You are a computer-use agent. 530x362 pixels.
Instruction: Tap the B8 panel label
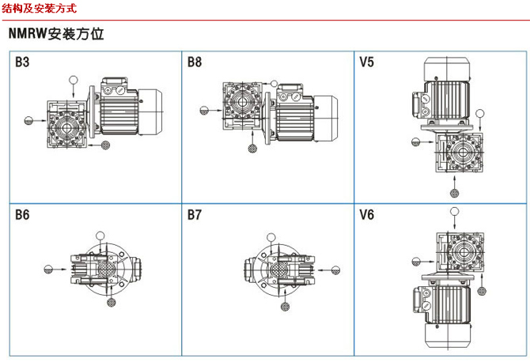[195, 62]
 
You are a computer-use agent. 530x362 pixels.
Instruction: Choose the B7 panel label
[195, 214]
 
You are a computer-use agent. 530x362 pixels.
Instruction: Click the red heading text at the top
[40, 9]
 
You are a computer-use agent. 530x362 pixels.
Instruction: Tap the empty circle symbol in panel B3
[74, 80]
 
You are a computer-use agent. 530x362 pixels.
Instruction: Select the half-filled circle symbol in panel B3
[28, 120]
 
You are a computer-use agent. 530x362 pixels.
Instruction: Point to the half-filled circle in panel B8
[204, 111]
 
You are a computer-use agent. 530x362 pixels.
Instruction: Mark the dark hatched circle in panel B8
[252, 147]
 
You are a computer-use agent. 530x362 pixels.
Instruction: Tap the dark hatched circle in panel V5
[455, 192]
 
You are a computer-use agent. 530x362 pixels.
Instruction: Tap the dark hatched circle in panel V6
[415, 260]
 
